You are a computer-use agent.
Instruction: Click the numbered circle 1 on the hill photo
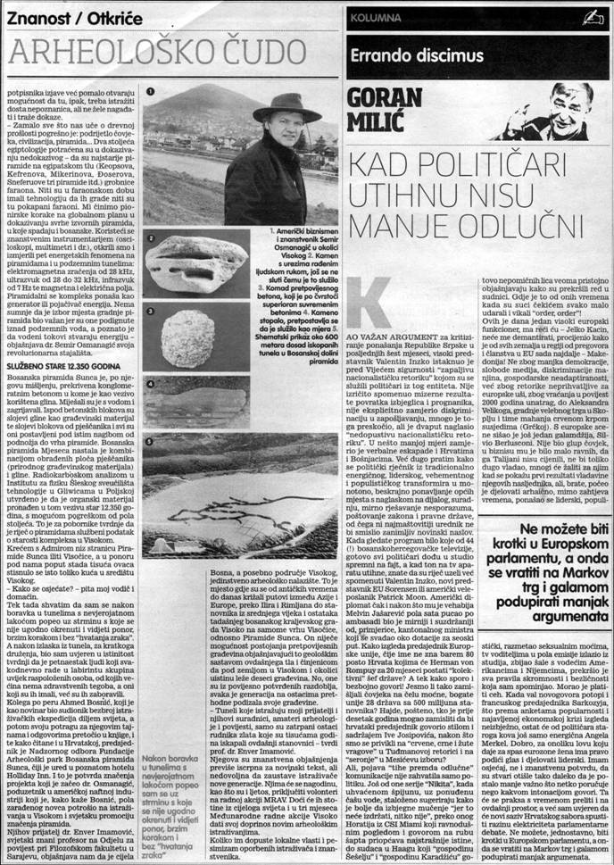[153, 90]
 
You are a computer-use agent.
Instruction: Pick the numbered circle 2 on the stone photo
[153, 239]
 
